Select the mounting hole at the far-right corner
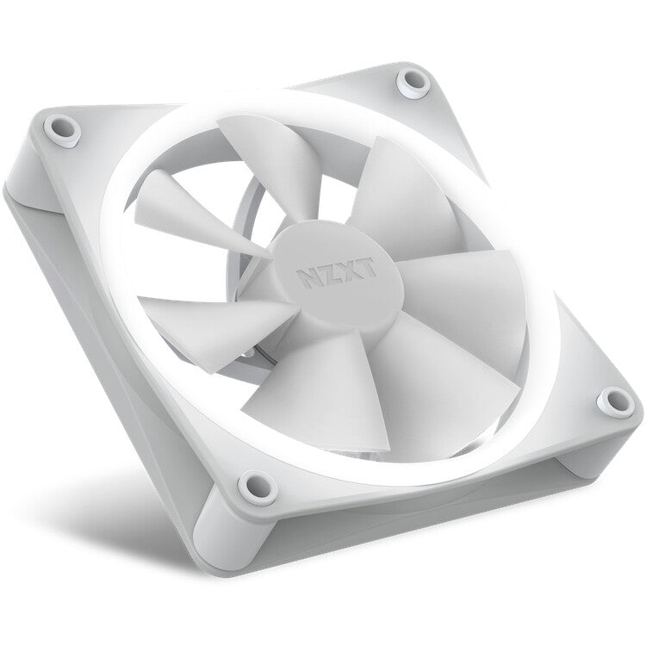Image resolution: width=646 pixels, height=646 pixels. (x=613, y=399)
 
